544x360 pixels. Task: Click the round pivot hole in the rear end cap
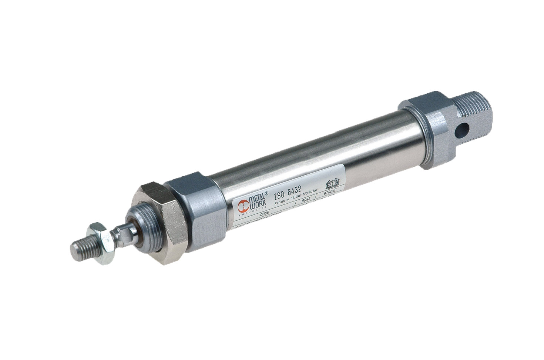[461, 130]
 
